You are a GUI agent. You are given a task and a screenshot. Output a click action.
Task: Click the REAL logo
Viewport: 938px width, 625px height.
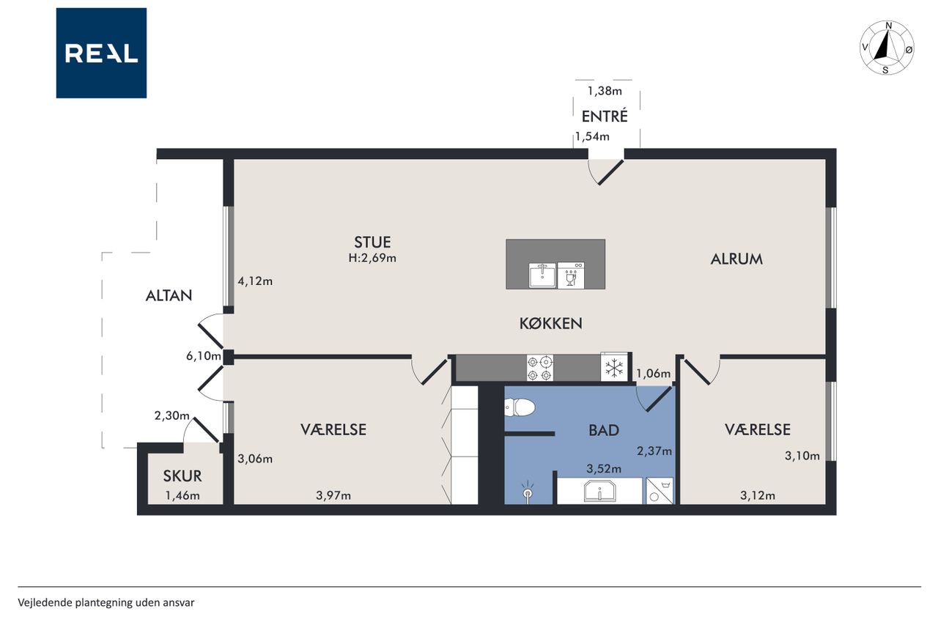point(101,53)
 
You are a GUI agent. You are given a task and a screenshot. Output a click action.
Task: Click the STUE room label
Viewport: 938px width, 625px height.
point(372,243)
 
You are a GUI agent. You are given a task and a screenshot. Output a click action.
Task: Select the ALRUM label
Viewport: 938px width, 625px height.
point(736,259)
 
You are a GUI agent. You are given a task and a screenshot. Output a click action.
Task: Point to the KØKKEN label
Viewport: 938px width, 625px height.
point(550,324)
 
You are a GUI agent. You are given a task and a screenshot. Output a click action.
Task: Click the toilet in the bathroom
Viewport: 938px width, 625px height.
point(520,407)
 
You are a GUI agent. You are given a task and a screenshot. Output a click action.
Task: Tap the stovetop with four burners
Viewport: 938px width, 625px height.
point(540,368)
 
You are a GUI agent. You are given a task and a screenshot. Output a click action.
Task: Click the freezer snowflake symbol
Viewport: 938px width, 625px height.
point(614,369)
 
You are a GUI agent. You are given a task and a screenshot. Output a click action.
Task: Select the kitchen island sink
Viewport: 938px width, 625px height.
point(542,275)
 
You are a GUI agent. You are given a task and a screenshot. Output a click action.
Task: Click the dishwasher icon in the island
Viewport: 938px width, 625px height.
point(571,275)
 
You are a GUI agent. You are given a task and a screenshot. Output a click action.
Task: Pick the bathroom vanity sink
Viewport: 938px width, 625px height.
point(599,491)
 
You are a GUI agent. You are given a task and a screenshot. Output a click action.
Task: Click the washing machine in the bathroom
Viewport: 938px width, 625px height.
point(660,491)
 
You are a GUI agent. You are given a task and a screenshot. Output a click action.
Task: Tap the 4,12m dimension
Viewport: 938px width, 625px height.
point(255,281)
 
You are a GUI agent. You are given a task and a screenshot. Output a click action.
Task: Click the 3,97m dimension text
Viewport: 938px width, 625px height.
point(333,495)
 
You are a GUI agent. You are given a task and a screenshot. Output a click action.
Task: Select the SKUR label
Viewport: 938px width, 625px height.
point(182,476)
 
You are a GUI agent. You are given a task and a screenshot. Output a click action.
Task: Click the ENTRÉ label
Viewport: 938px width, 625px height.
point(605,117)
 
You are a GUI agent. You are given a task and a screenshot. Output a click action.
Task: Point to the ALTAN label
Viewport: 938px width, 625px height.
point(169,296)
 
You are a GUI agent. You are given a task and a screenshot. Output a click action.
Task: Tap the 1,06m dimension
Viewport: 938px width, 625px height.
point(653,373)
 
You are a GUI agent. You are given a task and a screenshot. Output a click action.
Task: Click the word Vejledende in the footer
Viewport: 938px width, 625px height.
point(45,603)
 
